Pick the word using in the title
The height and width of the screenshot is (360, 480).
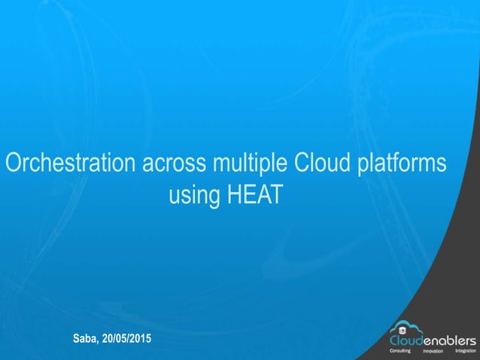coord(193,196)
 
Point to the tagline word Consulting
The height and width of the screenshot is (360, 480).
coord(399,351)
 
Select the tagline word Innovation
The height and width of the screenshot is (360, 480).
coord(433,351)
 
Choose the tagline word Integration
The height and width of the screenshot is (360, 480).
coord(465,351)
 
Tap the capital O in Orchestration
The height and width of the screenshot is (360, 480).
coord(14,163)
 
